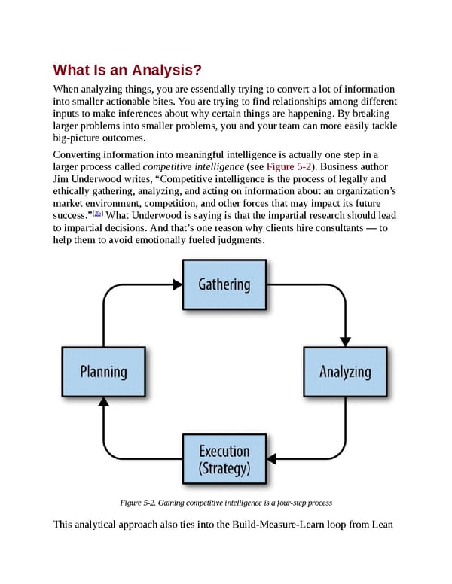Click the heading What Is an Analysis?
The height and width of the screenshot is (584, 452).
(127, 71)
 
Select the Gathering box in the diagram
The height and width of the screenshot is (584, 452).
(224, 284)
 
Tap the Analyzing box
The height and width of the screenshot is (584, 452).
(345, 372)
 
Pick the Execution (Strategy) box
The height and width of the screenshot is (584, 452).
(224, 460)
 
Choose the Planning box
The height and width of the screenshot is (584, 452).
(103, 372)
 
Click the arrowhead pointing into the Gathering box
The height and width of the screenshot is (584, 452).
(178, 284)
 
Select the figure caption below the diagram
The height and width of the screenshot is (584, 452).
(225, 502)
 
